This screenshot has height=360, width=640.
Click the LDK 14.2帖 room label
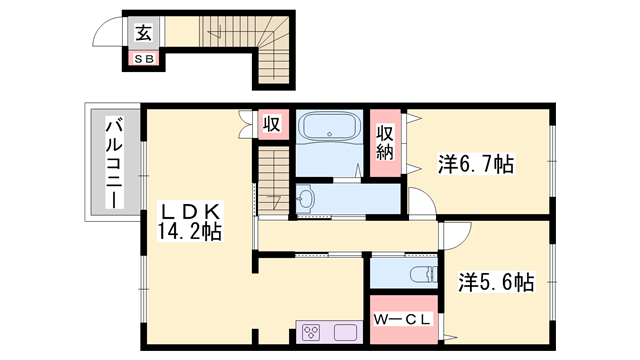[189, 222]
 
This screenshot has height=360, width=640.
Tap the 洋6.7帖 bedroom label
[476, 164]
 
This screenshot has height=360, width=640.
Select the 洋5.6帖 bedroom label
[496, 282]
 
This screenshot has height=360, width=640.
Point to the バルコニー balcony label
[114, 162]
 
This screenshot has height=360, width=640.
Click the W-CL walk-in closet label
[402, 320]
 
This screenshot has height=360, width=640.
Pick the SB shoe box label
[144, 59]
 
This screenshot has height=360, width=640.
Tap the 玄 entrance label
[144, 33]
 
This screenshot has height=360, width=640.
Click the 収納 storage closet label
[385, 142]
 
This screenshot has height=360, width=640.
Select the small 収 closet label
[272, 123]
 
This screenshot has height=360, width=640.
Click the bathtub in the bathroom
[329, 127]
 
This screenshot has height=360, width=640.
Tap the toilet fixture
[423, 274]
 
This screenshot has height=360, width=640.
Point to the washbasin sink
[305, 199]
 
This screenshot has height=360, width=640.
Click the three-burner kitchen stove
[312, 332]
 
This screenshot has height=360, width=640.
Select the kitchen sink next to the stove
[346, 332]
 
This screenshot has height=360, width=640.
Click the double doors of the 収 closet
[248, 124]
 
